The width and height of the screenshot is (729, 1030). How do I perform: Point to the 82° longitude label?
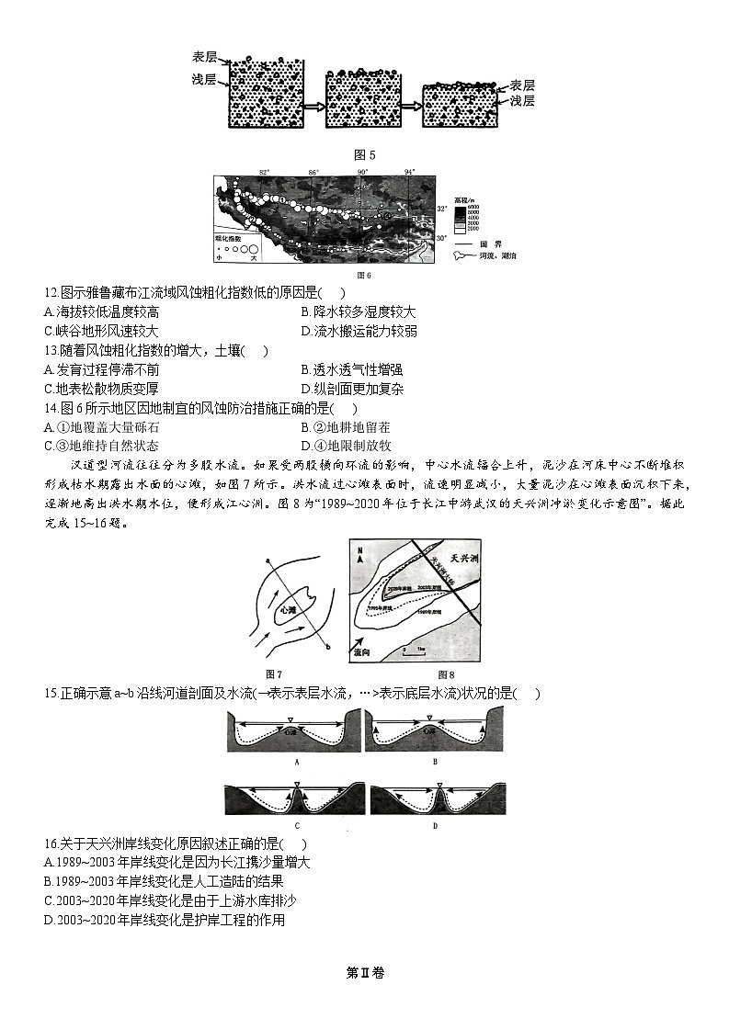click(x=264, y=172)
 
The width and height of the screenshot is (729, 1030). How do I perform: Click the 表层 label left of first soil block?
click(x=205, y=57)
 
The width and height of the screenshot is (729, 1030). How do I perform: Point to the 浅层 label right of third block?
click(x=522, y=101)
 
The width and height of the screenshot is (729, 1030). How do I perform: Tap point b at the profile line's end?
click(x=328, y=650)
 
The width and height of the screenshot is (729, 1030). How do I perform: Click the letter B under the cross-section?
click(x=434, y=762)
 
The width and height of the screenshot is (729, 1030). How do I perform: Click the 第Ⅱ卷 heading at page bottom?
click(x=364, y=973)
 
